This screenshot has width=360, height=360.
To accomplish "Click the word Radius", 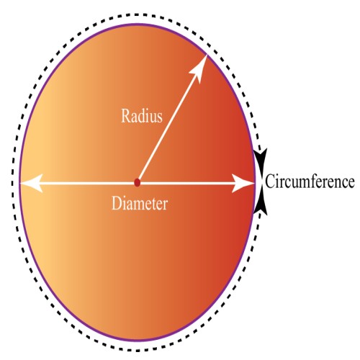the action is coord(142,116).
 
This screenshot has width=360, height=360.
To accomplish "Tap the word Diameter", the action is coord(140,203).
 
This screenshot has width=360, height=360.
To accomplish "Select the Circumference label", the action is coord(310,181).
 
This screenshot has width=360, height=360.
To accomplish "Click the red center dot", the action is coord(138,182).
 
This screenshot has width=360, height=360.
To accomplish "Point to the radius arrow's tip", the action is coord(207,55).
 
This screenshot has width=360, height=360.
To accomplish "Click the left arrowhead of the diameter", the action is coord(30,183).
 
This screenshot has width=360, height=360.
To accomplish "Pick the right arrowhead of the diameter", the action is coord(243,183).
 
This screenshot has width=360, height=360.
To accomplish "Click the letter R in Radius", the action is coord(126,116).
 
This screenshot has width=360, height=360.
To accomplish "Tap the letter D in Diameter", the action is coord(117,203).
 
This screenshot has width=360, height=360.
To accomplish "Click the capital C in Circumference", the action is coord(270,181).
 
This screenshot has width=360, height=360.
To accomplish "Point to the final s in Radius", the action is coord(160,118).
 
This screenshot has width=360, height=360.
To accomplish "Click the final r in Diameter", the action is coord(164,206).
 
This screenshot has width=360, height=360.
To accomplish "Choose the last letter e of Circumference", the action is coord(351,184).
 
